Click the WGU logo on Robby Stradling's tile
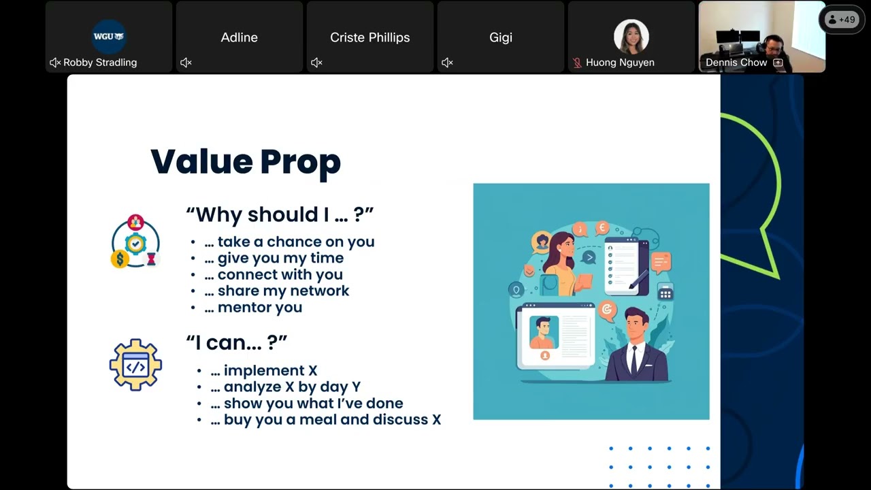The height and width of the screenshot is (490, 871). (x=109, y=37)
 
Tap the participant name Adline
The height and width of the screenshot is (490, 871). (x=239, y=37)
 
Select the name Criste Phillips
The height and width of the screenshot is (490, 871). (x=369, y=37)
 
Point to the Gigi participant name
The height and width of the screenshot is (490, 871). (x=500, y=37)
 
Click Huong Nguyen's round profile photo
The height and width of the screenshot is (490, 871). (x=631, y=37)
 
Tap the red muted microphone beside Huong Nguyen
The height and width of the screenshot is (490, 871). (x=577, y=63)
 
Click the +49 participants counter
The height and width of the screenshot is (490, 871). (x=842, y=20)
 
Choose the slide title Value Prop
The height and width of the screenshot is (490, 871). (x=246, y=162)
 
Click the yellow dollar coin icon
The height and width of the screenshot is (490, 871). (x=120, y=259)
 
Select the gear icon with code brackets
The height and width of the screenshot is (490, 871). (x=135, y=365)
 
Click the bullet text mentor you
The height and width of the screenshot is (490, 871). (x=260, y=307)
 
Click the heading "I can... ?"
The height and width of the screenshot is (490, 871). (x=236, y=342)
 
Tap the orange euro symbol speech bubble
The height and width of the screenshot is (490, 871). (x=602, y=228)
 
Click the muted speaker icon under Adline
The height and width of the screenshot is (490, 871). (x=186, y=62)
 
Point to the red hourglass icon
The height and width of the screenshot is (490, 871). (x=151, y=259)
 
